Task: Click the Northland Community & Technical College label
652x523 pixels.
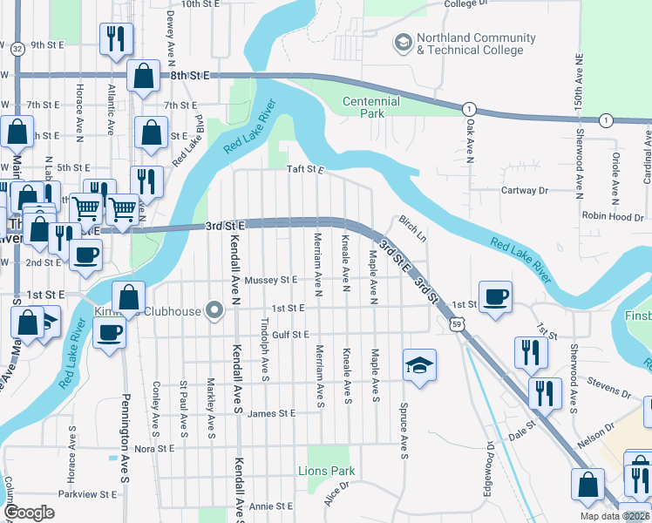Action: click(476, 44)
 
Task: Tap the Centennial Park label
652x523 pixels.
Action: click(372, 107)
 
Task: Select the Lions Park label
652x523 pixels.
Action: click(331, 472)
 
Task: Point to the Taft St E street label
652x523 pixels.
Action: click(306, 171)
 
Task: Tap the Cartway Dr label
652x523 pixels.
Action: click(524, 190)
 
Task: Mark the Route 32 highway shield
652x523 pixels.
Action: click(17, 49)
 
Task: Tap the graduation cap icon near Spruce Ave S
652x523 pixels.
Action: click(418, 364)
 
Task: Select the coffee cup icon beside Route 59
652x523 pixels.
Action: click(495, 296)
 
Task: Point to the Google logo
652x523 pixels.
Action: click(30, 513)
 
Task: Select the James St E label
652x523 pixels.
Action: click(271, 414)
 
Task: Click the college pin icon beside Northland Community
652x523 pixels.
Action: click(403, 42)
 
